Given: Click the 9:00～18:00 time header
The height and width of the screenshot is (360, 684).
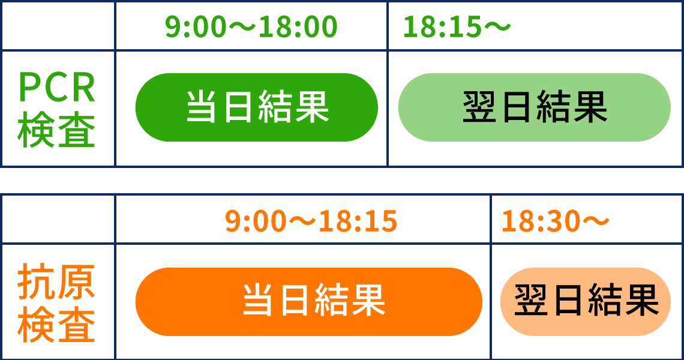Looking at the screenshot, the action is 251,26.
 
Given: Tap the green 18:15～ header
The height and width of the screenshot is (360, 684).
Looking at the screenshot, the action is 457,26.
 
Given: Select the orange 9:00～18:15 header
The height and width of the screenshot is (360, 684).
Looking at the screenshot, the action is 311,221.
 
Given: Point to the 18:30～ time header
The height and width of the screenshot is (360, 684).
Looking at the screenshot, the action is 556,221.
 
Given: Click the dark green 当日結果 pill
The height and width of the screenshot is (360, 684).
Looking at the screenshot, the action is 257,107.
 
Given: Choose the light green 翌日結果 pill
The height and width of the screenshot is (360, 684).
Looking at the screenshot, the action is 535,107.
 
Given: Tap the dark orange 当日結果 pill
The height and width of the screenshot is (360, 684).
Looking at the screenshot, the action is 309,302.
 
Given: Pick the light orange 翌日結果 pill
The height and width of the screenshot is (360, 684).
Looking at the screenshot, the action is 586,302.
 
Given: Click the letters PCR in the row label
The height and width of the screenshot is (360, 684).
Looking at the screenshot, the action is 57,88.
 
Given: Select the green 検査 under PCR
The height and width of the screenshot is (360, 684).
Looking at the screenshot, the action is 57,130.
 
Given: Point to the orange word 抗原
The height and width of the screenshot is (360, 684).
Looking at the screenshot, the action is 57,281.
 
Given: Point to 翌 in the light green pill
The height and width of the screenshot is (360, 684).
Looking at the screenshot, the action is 479,107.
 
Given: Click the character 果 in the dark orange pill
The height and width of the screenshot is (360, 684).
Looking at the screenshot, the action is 368,300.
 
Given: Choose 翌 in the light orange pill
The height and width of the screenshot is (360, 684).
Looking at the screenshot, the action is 531,300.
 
